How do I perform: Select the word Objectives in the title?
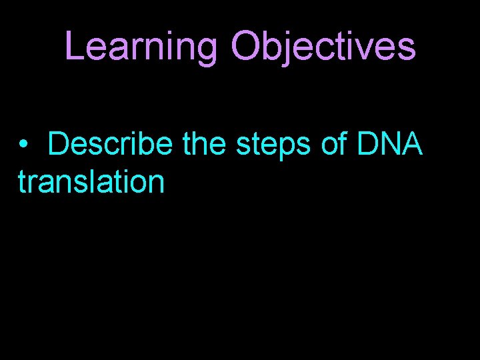tap(323, 47)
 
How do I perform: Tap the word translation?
tap(91, 181)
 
